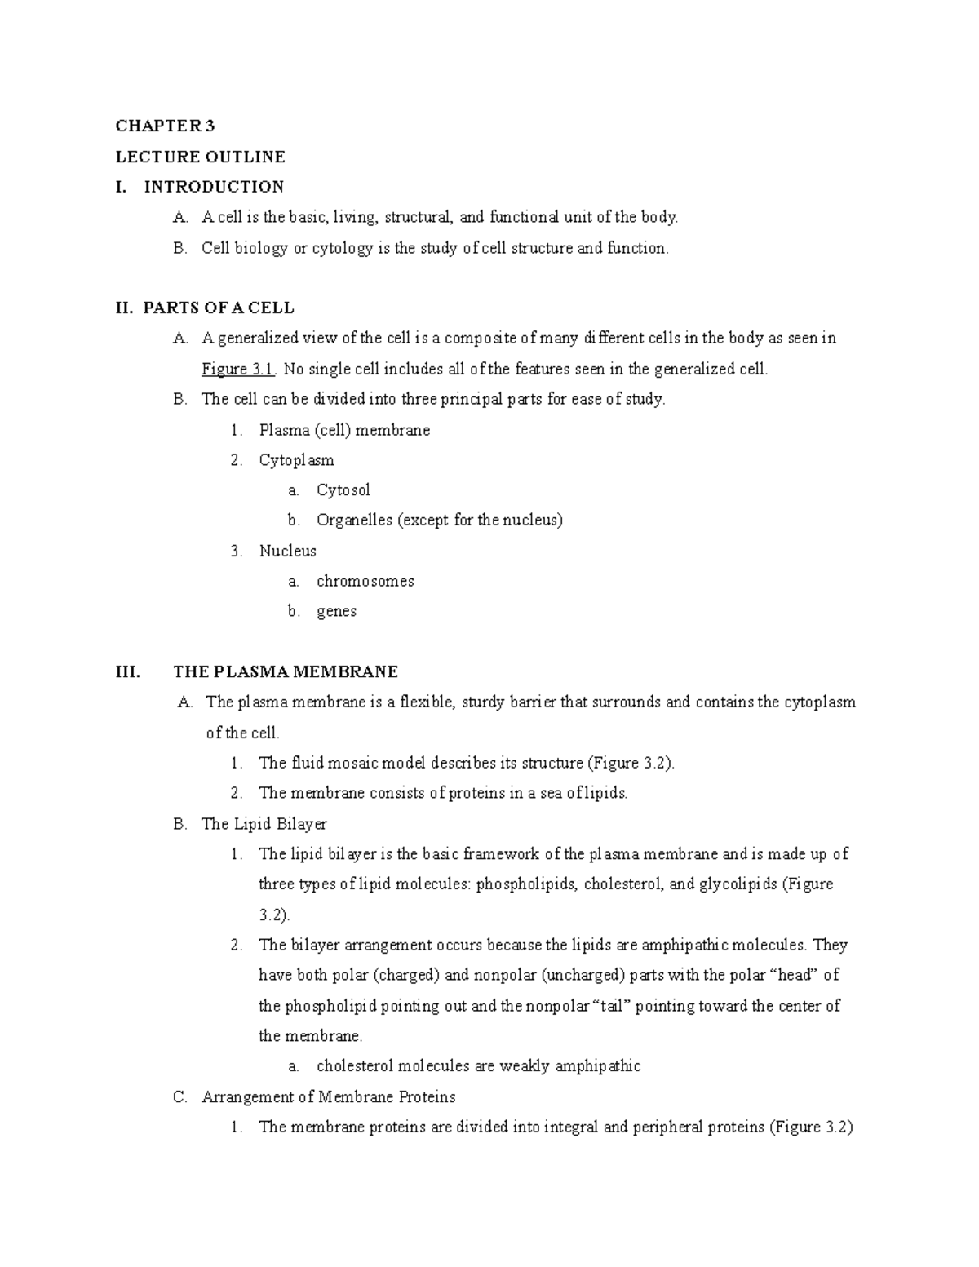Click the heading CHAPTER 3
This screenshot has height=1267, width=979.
165,126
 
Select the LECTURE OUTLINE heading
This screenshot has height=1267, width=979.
200,156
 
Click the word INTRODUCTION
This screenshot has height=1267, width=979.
214,187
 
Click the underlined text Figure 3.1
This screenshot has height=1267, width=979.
239,369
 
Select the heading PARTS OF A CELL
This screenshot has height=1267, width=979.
218,308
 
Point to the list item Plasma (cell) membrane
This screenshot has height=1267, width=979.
343,430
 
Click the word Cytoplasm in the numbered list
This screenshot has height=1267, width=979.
296,460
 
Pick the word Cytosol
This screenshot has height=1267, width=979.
343,490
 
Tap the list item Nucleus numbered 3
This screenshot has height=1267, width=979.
287,551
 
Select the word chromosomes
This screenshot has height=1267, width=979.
365,581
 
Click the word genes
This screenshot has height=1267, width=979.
336,611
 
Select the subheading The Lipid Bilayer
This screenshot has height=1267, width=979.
264,824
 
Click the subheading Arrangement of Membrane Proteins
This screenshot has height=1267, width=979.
328,1096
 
